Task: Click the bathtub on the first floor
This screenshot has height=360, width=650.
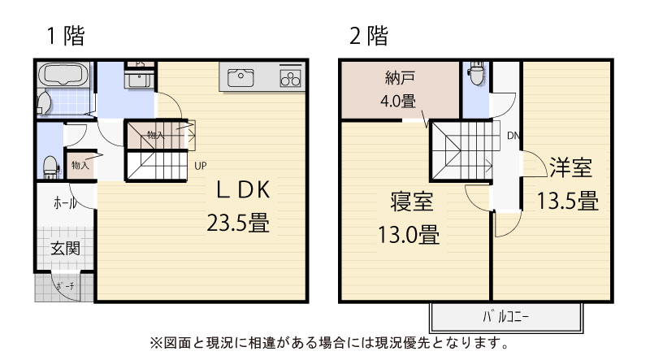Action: (x=64, y=75)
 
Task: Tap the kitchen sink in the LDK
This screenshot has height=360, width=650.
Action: (x=240, y=78)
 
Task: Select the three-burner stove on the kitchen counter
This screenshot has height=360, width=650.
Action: (x=290, y=78)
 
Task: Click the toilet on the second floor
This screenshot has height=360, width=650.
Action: (x=475, y=73)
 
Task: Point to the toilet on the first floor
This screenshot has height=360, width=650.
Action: (x=50, y=167)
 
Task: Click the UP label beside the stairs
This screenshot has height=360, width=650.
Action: (x=200, y=166)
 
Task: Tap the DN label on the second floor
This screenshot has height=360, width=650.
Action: (x=513, y=136)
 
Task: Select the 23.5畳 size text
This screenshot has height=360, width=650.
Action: (x=238, y=223)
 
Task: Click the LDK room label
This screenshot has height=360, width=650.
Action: (x=243, y=189)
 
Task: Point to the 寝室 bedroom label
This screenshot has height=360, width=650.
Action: (x=411, y=202)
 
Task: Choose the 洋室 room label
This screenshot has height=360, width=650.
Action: (x=571, y=167)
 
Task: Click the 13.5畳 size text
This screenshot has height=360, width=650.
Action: (x=567, y=201)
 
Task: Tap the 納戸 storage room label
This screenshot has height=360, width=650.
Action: (x=400, y=77)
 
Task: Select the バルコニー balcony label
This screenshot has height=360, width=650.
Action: (x=505, y=317)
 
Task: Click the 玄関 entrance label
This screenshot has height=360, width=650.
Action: (x=65, y=249)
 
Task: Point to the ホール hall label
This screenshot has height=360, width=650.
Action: (x=65, y=203)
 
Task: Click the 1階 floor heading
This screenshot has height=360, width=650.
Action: (x=66, y=36)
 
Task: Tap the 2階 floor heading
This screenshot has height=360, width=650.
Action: (x=369, y=36)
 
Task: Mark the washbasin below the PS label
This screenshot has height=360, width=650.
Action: (x=139, y=79)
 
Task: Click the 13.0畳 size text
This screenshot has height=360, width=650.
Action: (x=409, y=235)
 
